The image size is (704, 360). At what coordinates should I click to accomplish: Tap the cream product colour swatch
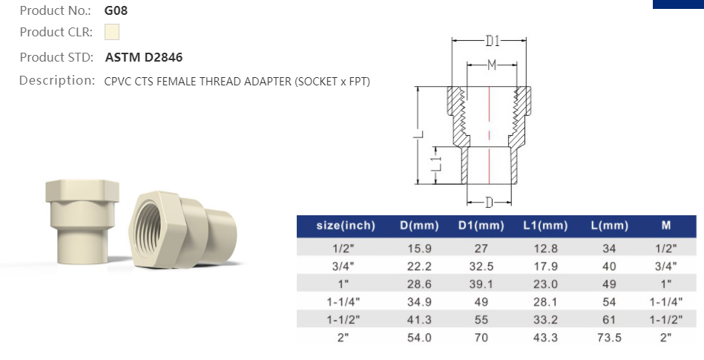point(112,33)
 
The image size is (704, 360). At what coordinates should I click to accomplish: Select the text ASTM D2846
point(144,57)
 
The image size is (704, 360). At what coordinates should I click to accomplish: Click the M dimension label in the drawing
point(491,65)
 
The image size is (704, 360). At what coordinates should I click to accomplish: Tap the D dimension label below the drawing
point(489,202)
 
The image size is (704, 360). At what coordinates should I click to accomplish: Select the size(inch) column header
point(346,226)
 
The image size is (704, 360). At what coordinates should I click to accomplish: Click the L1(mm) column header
point(545,226)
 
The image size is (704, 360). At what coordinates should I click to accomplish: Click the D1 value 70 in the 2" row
point(481,338)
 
